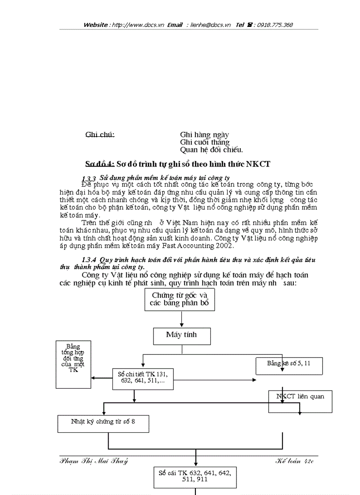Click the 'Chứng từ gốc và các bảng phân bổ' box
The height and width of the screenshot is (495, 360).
[180, 300]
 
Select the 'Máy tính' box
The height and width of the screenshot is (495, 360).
[181, 335]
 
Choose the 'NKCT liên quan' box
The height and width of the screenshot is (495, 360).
[300, 401]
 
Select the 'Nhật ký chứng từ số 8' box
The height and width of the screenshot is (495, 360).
[103, 423]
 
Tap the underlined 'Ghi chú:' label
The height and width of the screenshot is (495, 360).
[100, 134]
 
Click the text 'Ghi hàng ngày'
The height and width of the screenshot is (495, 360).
[204, 134]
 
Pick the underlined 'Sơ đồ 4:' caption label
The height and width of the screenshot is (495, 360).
[100, 164]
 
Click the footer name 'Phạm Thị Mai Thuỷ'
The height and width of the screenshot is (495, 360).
[94, 461]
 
